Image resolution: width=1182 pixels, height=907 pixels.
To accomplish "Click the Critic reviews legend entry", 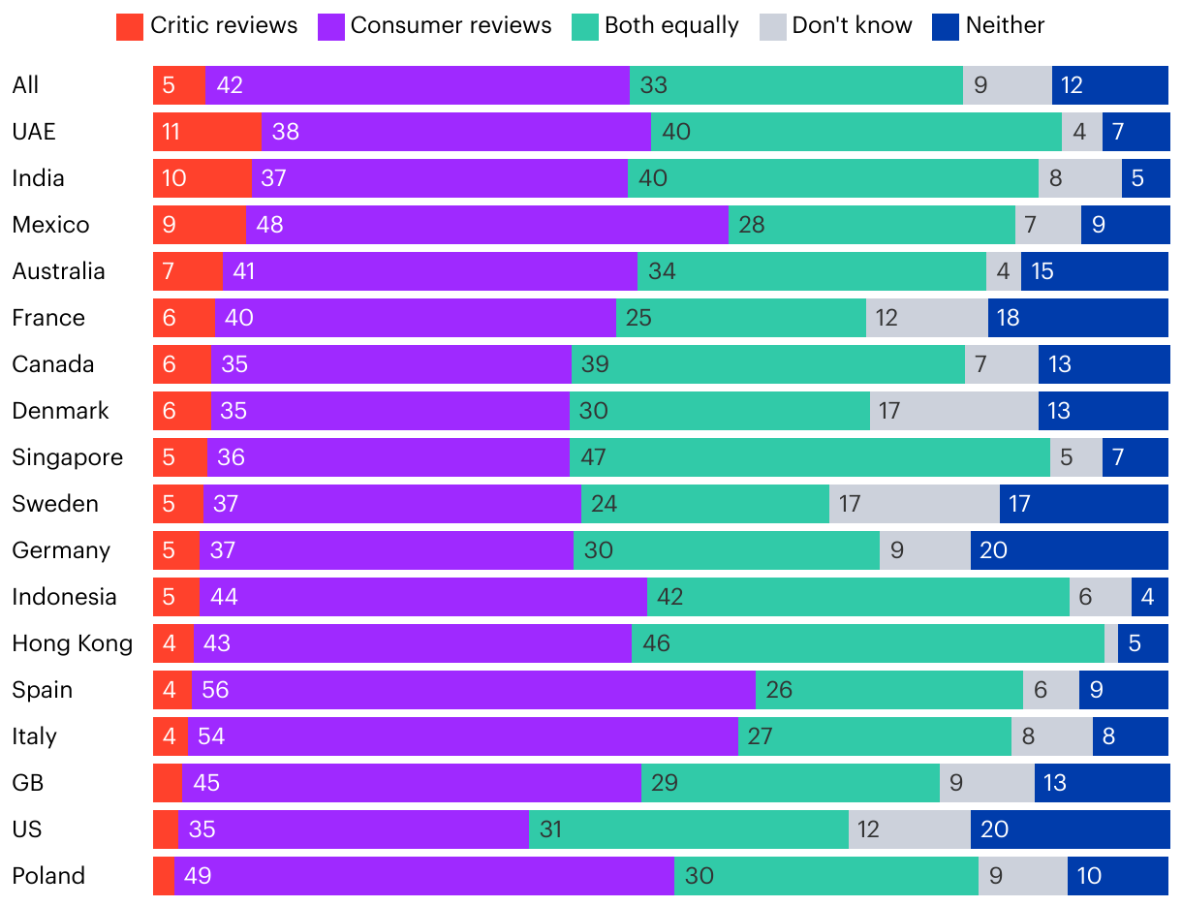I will pos(206,26).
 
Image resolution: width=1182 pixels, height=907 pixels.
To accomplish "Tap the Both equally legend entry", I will pos(656,26).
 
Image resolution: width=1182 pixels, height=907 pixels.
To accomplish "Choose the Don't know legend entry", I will pos(836,26).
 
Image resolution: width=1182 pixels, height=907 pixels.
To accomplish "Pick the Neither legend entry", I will pos(988,26).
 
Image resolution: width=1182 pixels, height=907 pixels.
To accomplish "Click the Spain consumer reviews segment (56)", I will pos(473,690).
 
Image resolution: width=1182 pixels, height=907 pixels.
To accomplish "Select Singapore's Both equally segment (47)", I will pos(809,457).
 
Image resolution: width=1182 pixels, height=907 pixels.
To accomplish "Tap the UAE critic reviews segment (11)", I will pos(206,132).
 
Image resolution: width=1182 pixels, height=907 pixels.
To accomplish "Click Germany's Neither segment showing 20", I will pos(1069,550).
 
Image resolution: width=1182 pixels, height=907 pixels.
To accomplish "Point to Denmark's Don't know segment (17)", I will pos(953,411).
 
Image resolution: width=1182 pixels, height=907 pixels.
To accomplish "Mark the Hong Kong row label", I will pos(72,643).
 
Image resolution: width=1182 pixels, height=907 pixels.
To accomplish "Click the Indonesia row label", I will pos(64,597).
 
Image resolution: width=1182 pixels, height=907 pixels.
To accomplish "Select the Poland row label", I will pos(48,876).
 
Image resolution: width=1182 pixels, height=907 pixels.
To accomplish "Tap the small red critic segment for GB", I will pos(168,783).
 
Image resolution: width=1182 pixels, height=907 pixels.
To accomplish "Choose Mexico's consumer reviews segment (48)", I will pos(486,225).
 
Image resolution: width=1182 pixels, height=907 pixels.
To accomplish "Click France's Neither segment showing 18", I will pos(1077,318).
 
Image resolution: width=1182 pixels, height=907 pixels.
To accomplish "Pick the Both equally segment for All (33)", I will pos(795,85).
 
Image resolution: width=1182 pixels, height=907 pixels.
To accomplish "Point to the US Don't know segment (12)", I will pos(909,829).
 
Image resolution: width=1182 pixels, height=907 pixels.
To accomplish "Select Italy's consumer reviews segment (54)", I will pos(462,736).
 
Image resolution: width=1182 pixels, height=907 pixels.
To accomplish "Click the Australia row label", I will pos(58,271).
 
